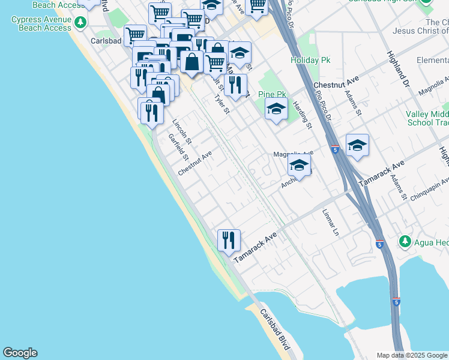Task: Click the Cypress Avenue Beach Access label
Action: pyautogui.click(x=41, y=23)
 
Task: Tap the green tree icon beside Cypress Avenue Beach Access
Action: pyautogui.click(x=77, y=23)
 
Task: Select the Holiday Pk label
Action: pyautogui.click(x=307, y=61)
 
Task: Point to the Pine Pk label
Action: pyautogui.click(x=272, y=94)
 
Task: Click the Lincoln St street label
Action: pyautogui.click(x=181, y=132)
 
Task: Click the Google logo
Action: pyautogui.click(x=20, y=353)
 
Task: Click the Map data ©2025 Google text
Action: pyautogui.click(x=412, y=355)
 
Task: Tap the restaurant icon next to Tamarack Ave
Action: pyautogui.click(x=229, y=241)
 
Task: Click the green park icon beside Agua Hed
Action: pyautogui.click(x=405, y=242)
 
